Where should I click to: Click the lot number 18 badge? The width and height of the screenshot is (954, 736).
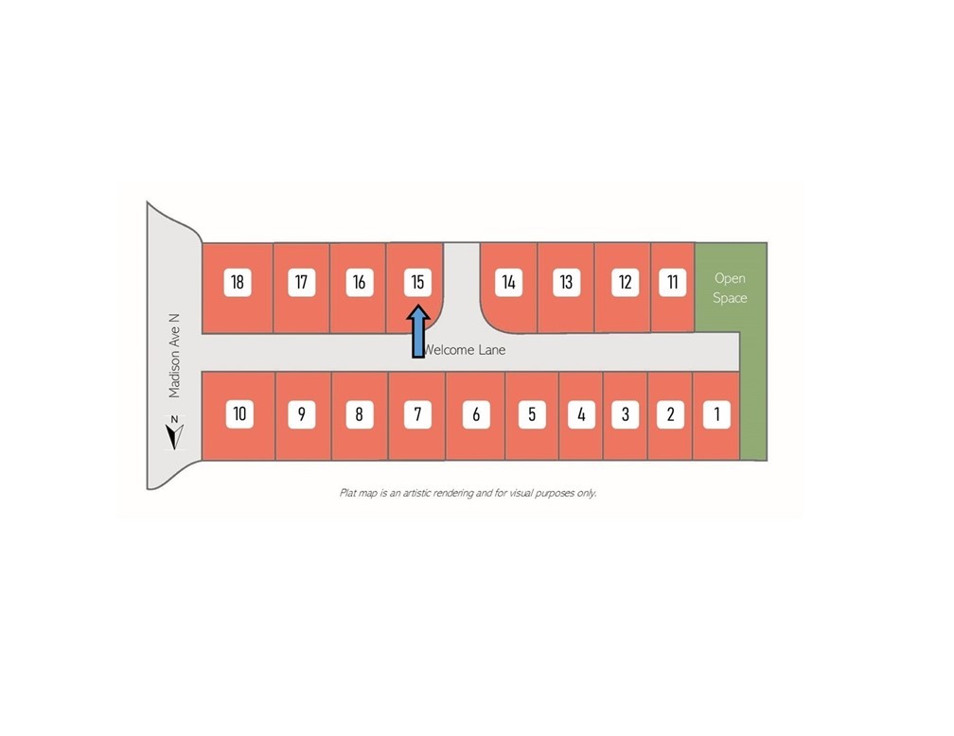click(x=238, y=282)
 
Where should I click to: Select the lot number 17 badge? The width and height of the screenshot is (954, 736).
click(x=301, y=282)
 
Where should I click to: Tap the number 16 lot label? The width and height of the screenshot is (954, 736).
click(x=360, y=282)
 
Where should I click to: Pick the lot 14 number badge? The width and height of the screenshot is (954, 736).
click(x=508, y=282)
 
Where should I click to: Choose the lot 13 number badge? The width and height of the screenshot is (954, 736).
click(x=566, y=282)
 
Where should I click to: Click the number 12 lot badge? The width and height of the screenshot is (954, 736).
click(x=625, y=282)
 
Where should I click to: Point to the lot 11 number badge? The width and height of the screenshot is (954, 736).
click(x=672, y=282)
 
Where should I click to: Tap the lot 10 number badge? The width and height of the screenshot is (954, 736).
click(x=239, y=414)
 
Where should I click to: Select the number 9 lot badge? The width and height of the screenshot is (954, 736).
click(x=302, y=414)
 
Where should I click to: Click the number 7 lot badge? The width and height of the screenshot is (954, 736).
click(x=417, y=414)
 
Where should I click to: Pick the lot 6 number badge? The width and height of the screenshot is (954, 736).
click(x=476, y=414)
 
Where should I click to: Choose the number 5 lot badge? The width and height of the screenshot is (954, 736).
click(x=532, y=414)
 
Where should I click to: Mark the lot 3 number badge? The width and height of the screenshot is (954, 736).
click(x=625, y=414)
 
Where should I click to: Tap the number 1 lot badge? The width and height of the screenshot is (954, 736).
click(x=716, y=414)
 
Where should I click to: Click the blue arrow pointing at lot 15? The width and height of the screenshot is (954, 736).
click(x=418, y=331)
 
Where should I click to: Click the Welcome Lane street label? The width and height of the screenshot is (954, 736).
click(x=465, y=350)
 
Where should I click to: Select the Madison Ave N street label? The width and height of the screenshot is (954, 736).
click(x=174, y=356)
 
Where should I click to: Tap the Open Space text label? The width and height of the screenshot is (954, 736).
click(x=730, y=288)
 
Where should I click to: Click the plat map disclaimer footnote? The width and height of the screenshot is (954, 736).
click(x=468, y=493)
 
